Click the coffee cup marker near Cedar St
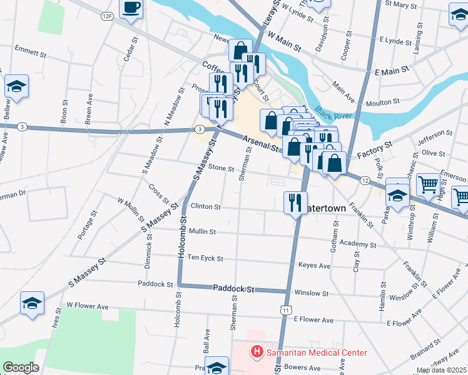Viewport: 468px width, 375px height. click(x=131, y=9)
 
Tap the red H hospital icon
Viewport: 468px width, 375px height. click(x=256, y=352)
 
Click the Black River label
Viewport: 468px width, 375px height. click(x=332, y=112)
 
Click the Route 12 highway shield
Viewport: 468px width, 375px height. click(x=364, y=180)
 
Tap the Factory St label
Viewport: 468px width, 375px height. click(x=374, y=148)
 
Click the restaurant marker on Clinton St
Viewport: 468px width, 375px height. click(x=294, y=202)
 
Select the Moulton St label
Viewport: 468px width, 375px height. click(x=382, y=101)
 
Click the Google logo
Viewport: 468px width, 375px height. click(x=21, y=367)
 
